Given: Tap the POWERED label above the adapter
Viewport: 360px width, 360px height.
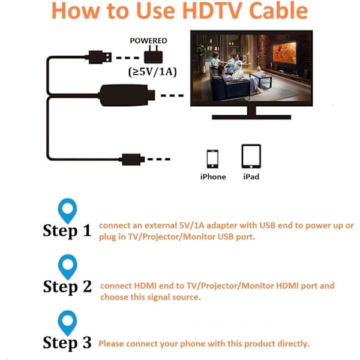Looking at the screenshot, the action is pyautogui.click(x=148, y=41).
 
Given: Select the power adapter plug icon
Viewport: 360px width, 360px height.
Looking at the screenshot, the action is pyautogui.click(x=153, y=55).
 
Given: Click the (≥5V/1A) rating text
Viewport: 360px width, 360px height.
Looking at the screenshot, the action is pyautogui.click(x=152, y=72).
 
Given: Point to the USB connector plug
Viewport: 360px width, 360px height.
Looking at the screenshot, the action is pyautogui.click(x=100, y=57).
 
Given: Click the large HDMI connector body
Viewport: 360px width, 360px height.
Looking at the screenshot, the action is pyautogui.click(x=127, y=95).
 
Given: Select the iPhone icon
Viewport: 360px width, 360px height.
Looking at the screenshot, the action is pyautogui.click(x=212, y=159).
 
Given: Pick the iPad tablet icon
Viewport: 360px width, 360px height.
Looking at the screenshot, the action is pyautogui.click(x=251, y=156).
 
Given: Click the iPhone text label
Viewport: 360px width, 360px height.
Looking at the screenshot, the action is pyautogui.click(x=213, y=177).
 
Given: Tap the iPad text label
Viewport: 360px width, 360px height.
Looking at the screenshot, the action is pyautogui.click(x=251, y=177).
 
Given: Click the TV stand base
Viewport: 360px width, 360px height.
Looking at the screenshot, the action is pyautogui.click(x=251, y=117).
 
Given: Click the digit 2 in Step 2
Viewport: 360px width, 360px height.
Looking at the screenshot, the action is pyautogui.click(x=87, y=286).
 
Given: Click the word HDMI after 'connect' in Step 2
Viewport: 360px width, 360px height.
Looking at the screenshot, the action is pyautogui.click(x=145, y=286).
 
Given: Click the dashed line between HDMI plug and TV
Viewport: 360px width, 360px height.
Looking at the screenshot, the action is pyautogui.click(x=172, y=95).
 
